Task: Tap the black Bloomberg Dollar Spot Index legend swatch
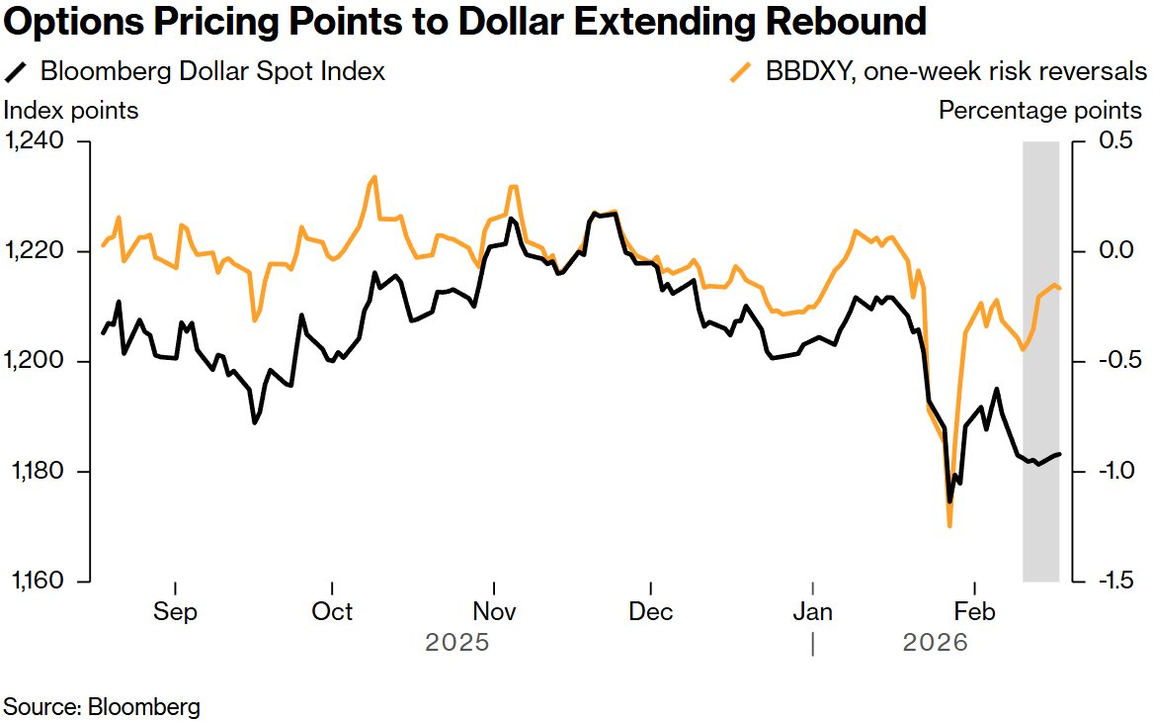click(x=17, y=72)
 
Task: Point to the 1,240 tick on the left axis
click(x=36, y=141)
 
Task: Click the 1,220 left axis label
click(x=36, y=251)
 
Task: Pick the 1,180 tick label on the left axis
click(x=36, y=471)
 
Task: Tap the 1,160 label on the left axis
click(x=36, y=581)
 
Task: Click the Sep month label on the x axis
click(x=175, y=611)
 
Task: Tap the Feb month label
click(x=975, y=611)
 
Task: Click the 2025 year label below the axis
click(x=457, y=643)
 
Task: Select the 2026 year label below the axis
click(x=936, y=643)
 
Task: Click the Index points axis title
click(x=72, y=110)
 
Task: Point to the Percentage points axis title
click(x=1040, y=110)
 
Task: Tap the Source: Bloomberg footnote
click(x=103, y=706)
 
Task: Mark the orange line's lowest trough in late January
click(x=949, y=525)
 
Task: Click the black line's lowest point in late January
click(x=949, y=501)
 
